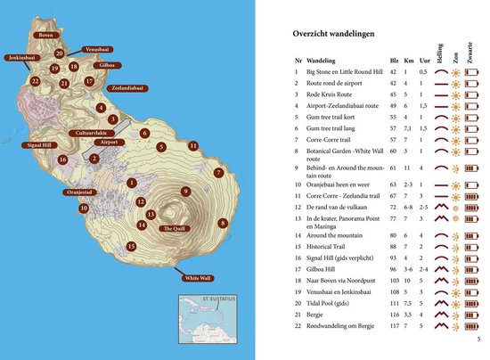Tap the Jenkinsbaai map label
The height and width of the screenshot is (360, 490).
coord(20,58)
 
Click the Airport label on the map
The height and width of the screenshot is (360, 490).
coord(108,142)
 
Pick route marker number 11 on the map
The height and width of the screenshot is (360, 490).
coord(193,145)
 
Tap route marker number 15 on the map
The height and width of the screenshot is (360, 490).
coord(132,246)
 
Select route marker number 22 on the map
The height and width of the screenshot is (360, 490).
coord(35,81)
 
